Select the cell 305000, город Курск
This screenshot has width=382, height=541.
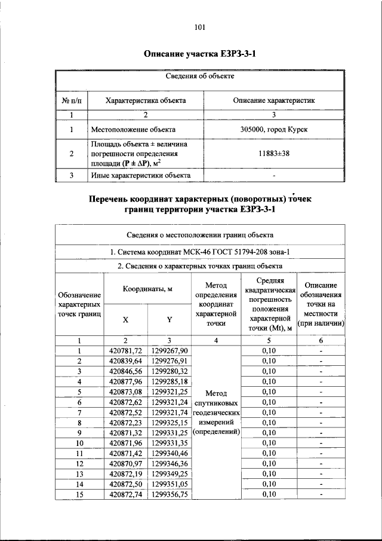click(274, 129)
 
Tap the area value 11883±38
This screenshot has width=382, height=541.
click(274, 154)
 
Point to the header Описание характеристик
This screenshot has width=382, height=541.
click(274, 100)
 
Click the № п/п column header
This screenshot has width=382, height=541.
click(71, 100)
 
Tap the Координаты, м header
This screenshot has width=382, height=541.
click(147, 288)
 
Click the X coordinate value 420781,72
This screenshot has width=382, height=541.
click(127, 350)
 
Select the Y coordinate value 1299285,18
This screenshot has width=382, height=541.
click(170, 381)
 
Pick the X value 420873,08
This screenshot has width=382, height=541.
click(127, 392)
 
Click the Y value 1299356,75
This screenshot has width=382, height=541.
click(170, 494)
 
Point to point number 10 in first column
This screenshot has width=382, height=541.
click(79, 443)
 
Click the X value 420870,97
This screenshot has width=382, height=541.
click(127, 463)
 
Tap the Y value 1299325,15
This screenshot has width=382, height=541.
click(170, 422)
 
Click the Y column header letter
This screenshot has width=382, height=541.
click(170, 319)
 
